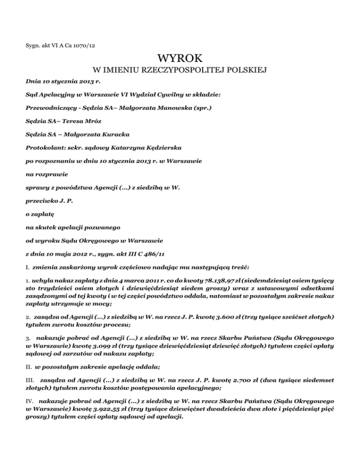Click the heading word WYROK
coord(180,59)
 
